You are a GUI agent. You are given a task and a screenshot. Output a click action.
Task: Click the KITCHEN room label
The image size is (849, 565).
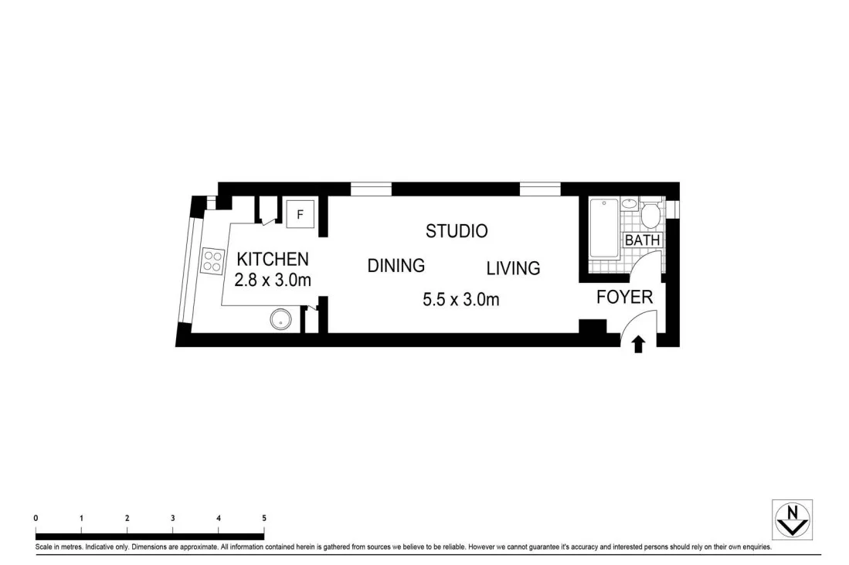272,260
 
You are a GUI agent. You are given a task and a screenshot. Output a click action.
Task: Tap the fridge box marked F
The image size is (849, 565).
300,214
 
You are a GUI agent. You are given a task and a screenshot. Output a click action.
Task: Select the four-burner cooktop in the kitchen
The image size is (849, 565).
211,261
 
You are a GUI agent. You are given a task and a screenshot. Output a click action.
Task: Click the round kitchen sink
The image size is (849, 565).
281,319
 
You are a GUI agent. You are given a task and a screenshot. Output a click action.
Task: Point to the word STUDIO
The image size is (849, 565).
457,230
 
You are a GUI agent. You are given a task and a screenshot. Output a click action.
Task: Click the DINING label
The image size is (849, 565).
396,266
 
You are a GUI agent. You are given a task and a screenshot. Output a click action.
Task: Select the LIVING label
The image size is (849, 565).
513,268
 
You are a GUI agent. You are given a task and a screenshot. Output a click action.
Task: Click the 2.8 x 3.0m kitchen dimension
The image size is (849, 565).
273,281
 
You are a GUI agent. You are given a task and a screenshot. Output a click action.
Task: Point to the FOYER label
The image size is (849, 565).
624,297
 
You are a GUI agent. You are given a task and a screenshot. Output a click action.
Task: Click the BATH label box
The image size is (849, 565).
643,240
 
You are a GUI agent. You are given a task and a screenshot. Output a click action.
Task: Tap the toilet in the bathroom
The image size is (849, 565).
650,214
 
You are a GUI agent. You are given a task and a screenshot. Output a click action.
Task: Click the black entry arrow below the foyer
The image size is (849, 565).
638,345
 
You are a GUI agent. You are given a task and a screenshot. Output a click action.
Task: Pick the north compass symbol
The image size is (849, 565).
792,519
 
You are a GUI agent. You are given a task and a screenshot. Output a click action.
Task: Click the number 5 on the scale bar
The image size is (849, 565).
264,518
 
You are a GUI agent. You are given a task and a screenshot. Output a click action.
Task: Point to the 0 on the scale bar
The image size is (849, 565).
36,518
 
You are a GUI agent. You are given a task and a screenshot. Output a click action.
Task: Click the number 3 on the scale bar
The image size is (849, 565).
173,518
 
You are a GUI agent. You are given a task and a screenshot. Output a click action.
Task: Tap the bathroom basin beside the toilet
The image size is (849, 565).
630,204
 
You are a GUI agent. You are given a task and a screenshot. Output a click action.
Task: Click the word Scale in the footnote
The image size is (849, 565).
45,547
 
